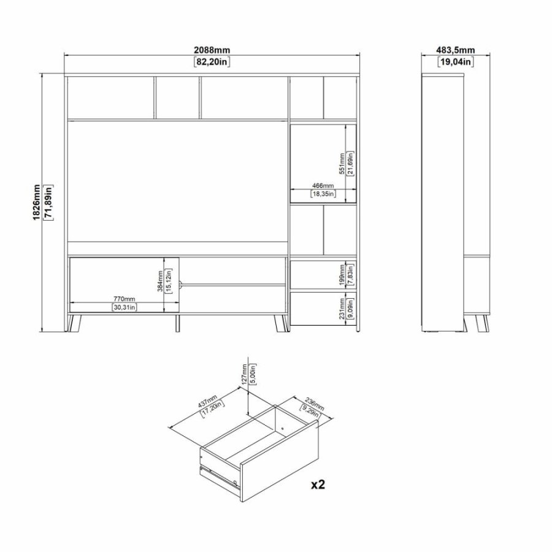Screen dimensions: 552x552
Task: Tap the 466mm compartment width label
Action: (322, 185)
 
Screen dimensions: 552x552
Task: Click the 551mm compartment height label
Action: (342, 163)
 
